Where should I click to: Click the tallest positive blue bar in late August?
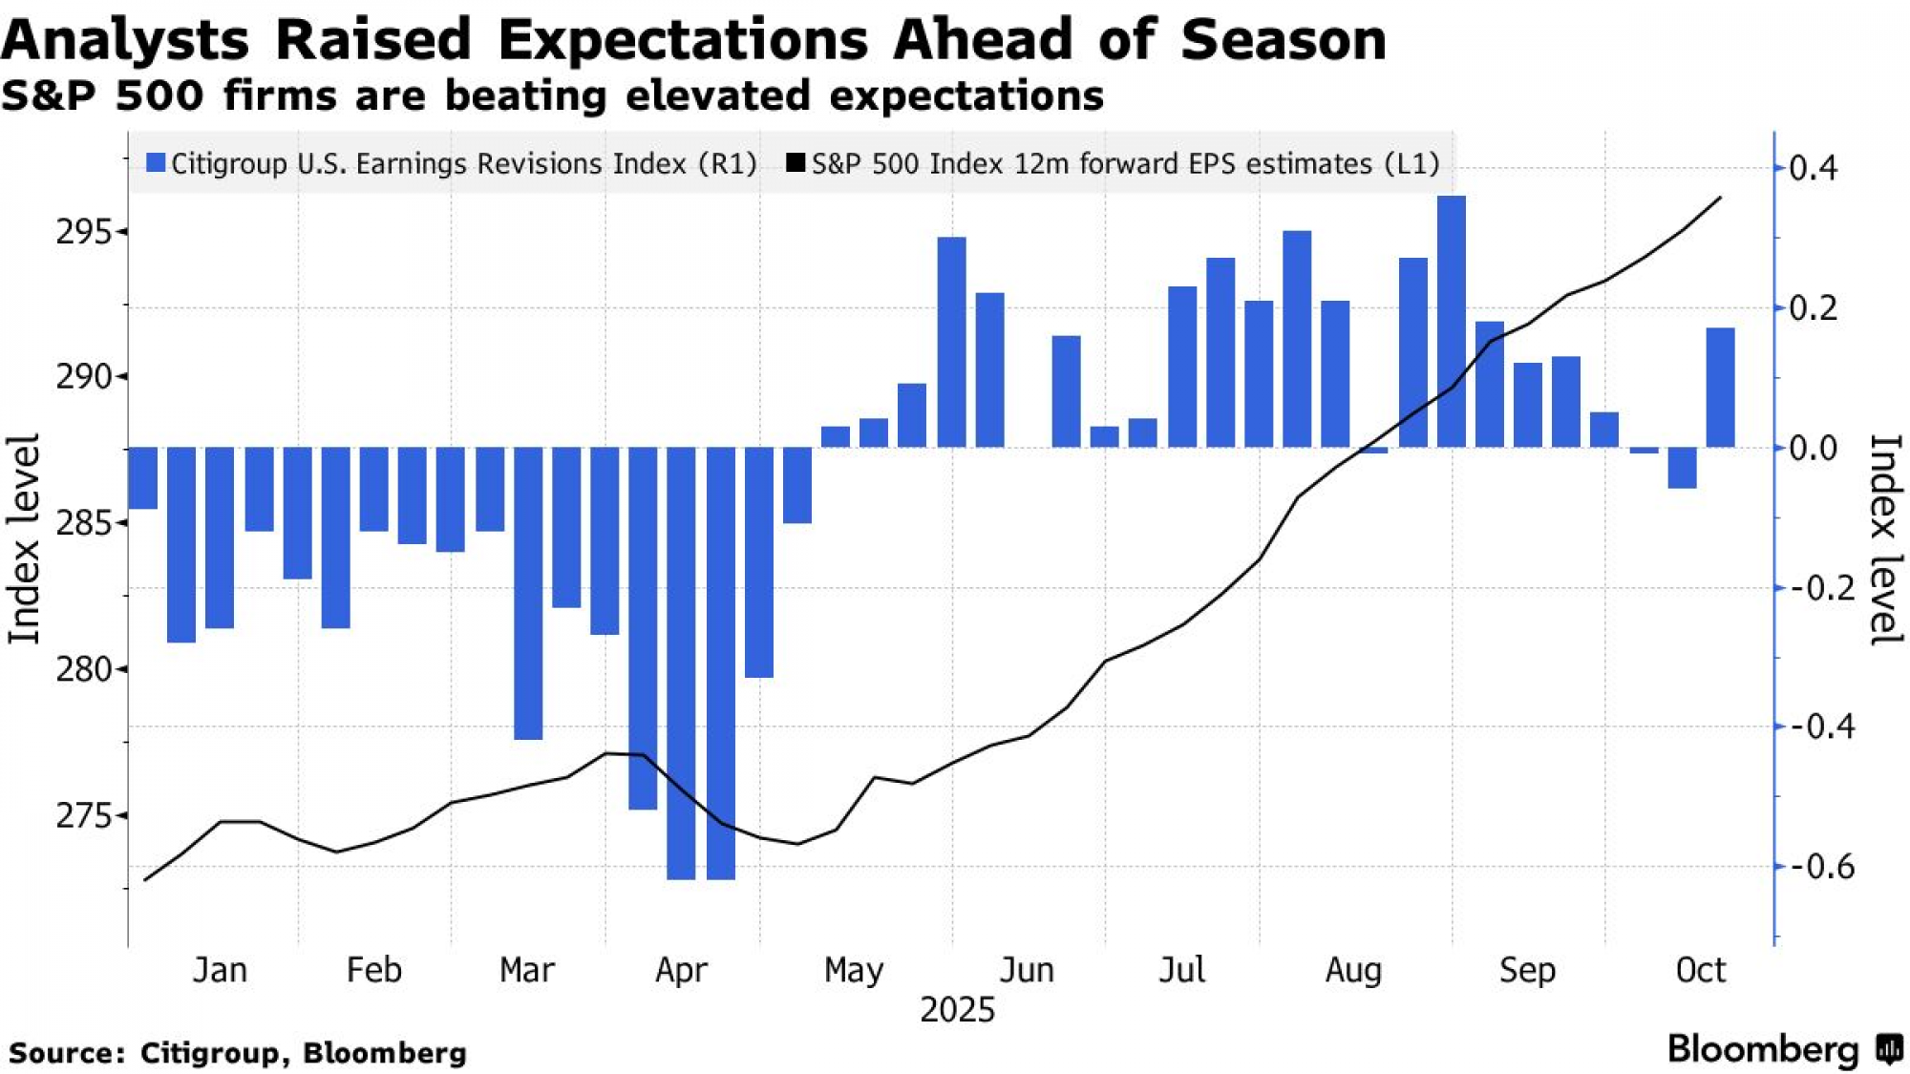tap(1451, 321)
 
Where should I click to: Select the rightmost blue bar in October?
tap(1720, 387)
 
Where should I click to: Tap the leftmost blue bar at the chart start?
tap(143, 477)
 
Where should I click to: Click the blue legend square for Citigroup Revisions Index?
tap(156, 163)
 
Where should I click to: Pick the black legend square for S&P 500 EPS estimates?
tap(795, 163)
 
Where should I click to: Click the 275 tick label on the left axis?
tap(84, 816)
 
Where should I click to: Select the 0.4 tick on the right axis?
tap(1813, 169)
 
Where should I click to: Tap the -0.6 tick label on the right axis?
tap(1822, 867)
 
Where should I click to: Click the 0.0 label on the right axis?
tap(1813, 448)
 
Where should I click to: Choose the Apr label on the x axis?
tap(681, 971)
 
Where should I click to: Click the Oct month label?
tap(1701, 971)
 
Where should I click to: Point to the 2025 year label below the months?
tap(957, 1010)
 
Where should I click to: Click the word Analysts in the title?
tap(125, 40)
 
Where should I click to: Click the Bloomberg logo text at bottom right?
tap(1763, 1049)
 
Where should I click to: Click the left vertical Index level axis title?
tap(24, 539)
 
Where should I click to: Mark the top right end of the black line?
tap(1720, 198)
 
